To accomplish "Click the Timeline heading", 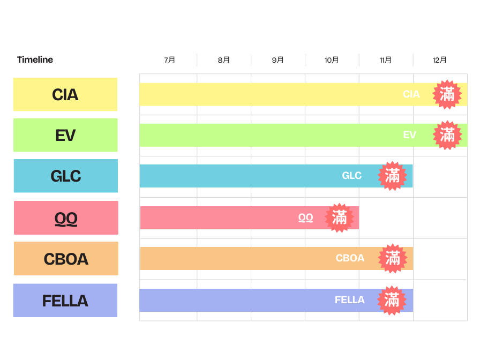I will click(35, 59).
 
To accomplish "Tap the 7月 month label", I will click(170, 60).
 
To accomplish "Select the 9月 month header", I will click(278, 60).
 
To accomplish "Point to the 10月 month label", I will click(332, 60).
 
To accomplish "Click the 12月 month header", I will click(440, 60).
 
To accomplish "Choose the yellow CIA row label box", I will click(65, 94).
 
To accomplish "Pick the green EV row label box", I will click(65, 135).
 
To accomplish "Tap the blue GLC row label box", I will click(65, 176).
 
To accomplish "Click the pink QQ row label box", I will click(66, 217).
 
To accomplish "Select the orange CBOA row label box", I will click(66, 259).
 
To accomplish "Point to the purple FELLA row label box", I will click(65, 301).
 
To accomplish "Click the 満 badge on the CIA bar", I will click(447, 94).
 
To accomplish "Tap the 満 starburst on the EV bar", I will click(447, 135).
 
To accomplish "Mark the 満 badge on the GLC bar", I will click(393, 176).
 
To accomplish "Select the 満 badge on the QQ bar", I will click(340, 217).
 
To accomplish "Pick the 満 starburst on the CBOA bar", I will click(393, 258).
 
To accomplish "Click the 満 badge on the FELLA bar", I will click(392, 300).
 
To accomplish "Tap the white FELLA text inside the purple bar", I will click(350, 300).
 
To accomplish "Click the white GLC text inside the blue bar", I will click(352, 176).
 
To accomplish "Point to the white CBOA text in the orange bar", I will click(350, 258).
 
